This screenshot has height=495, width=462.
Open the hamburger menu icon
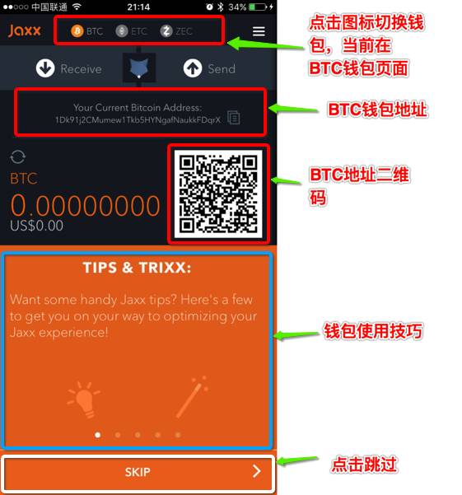point(259,31)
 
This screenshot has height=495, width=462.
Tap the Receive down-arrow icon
point(45,68)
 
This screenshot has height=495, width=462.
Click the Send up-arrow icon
point(193,68)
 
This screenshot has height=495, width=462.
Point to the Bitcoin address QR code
point(219,194)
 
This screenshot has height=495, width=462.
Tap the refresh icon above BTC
point(18,157)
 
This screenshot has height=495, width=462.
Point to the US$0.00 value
point(36,225)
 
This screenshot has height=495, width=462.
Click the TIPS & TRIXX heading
point(138,268)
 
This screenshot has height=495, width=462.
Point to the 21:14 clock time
point(138,7)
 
